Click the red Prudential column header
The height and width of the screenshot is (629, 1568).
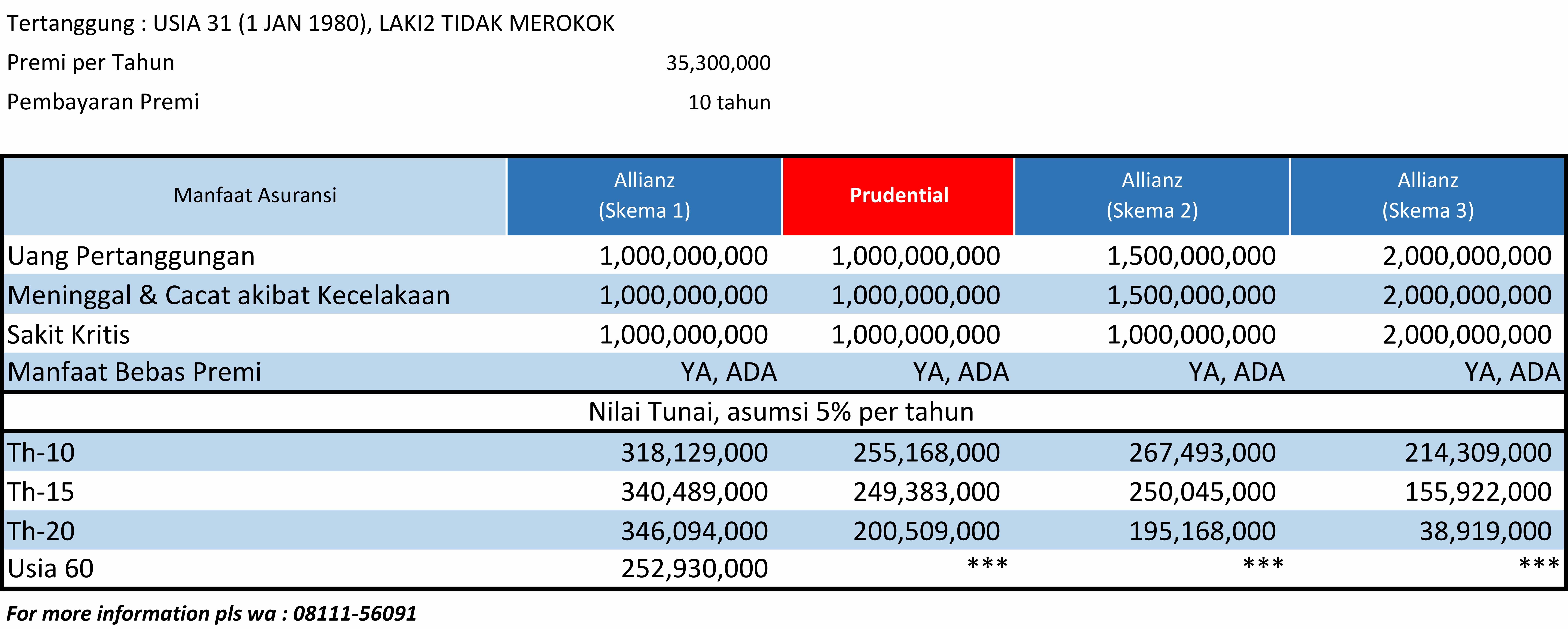point(899,195)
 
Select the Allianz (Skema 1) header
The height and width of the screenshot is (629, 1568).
point(644,195)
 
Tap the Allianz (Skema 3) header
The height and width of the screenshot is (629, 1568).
point(1427,195)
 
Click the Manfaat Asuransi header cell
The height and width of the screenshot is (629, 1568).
point(255,195)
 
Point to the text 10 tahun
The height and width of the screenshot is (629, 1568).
point(729,102)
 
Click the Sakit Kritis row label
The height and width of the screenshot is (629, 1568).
point(69,335)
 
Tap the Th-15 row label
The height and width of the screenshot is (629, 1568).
point(41,492)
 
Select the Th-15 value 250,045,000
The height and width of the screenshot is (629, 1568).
point(1202,492)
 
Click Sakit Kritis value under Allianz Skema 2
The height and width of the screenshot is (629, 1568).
point(1191,335)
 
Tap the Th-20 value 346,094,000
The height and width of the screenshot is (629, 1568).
point(694,531)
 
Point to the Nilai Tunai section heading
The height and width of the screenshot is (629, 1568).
point(781,412)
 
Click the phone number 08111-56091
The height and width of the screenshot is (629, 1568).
point(355,613)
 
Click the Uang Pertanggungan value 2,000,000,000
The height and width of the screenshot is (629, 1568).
point(1467,256)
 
